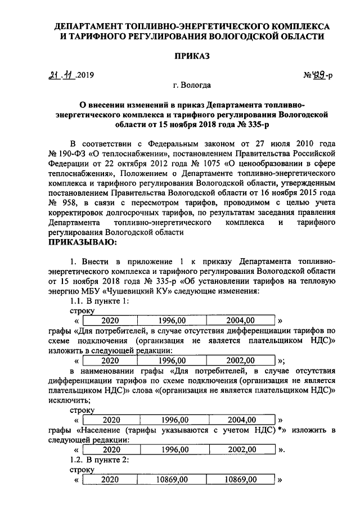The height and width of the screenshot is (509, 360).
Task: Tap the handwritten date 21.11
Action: [62, 75]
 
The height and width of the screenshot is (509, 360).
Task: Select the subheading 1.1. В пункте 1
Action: [98, 301]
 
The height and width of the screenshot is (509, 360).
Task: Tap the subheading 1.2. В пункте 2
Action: [99, 460]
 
